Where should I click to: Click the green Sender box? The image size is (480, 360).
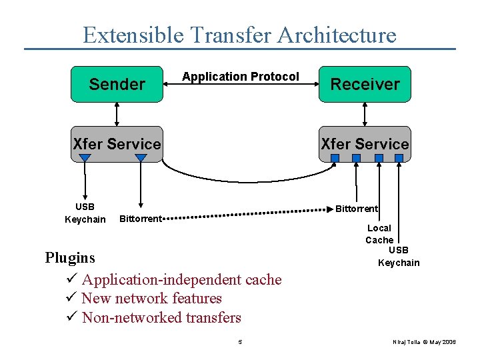[x=117, y=84]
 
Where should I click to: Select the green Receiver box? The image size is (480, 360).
[x=365, y=84]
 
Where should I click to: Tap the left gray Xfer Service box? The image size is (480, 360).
[x=117, y=143]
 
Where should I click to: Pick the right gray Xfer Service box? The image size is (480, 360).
[x=365, y=143]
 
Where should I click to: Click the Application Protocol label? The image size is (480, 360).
[x=241, y=77]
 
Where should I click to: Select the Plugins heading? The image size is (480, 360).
[x=70, y=257]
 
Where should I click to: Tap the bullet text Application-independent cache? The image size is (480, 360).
[x=181, y=280]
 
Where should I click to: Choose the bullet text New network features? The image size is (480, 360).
[x=151, y=299]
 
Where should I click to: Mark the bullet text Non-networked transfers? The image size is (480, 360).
[x=161, y=318]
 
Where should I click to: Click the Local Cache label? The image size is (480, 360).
[x=379, y=234]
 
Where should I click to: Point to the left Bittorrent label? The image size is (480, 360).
[x=140, y=219]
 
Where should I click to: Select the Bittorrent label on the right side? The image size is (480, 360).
[x=356, y=209]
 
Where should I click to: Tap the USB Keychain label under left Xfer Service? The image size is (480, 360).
[x=85, y=213]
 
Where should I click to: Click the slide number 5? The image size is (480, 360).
[x=240, y=342]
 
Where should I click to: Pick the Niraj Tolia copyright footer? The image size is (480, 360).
[x=425, y=342]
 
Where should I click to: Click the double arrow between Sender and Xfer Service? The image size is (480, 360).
[x=117, y=114]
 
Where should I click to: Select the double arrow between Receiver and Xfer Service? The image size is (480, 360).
[x=365, y=114]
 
